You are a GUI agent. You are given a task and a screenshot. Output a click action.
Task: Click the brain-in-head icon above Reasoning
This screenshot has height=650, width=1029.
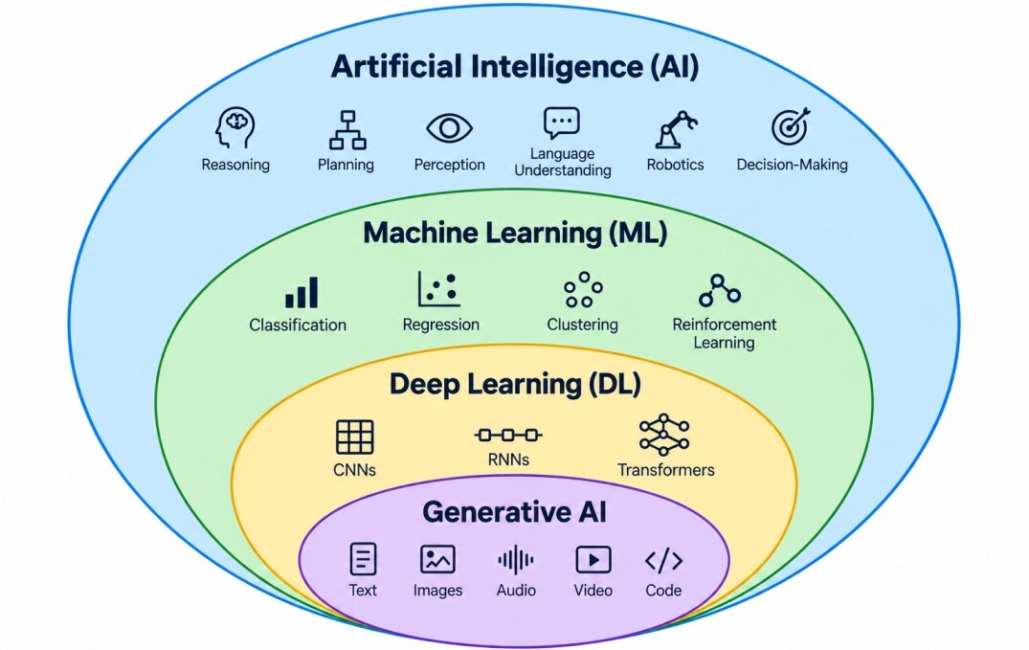[x=235, y=128]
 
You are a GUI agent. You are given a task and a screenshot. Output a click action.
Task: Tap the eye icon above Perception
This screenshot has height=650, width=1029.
[x=450, y=127]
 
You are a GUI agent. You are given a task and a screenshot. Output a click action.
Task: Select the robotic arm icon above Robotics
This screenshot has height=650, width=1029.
[x=676, y=128]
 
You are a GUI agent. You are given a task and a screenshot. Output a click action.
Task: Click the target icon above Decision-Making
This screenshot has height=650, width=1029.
[x=791, y=126]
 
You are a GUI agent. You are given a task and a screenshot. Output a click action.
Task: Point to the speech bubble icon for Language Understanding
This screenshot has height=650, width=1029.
[x=562, y=123]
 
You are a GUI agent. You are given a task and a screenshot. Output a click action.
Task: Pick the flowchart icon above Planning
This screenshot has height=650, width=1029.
[x=347, y=130]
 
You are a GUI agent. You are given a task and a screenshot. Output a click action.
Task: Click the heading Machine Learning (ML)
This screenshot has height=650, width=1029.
[x=515, y=233]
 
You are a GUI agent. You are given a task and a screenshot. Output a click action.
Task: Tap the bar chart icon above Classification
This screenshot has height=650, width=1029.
[x=302, y=292]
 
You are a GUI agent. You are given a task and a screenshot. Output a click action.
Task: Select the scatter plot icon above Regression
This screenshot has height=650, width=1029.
[x=439, y=289]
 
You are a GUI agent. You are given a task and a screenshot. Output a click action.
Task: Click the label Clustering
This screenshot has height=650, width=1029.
[x=583, y=325]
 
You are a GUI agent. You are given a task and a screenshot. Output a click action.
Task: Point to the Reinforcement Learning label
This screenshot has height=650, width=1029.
[x=725, y=333]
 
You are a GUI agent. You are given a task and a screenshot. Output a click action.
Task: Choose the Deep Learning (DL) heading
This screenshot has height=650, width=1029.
[x=515, y=384]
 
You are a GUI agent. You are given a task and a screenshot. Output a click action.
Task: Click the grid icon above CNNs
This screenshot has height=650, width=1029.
[x=355, y=437]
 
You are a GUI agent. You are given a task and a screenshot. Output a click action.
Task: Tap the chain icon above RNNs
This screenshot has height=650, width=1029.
[x=508, y=435]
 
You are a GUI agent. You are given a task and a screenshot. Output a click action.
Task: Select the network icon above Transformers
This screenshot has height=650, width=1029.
[x=664, y=435]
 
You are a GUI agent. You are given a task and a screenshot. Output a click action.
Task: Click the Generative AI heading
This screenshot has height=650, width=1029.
[x=515, y=512]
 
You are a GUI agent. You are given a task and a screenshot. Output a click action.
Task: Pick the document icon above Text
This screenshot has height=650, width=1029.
[x=363, y=559]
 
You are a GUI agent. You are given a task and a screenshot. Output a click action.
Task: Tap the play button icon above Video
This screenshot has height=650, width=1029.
[x=593, y=560]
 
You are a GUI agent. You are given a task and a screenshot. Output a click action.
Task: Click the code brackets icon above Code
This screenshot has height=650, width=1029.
[x=663, y=561]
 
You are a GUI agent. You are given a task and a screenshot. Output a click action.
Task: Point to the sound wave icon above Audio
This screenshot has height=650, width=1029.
[x=516, y=561]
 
